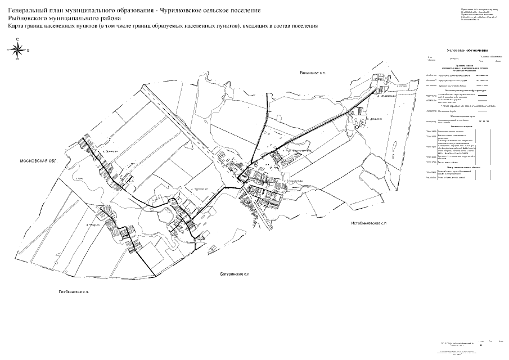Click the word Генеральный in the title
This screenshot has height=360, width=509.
[31, 11]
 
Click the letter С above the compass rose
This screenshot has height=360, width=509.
[17, 39]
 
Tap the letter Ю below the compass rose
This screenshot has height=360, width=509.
[17, 59]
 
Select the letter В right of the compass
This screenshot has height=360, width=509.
[28, 49]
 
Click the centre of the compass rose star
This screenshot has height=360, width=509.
[17, 49]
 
